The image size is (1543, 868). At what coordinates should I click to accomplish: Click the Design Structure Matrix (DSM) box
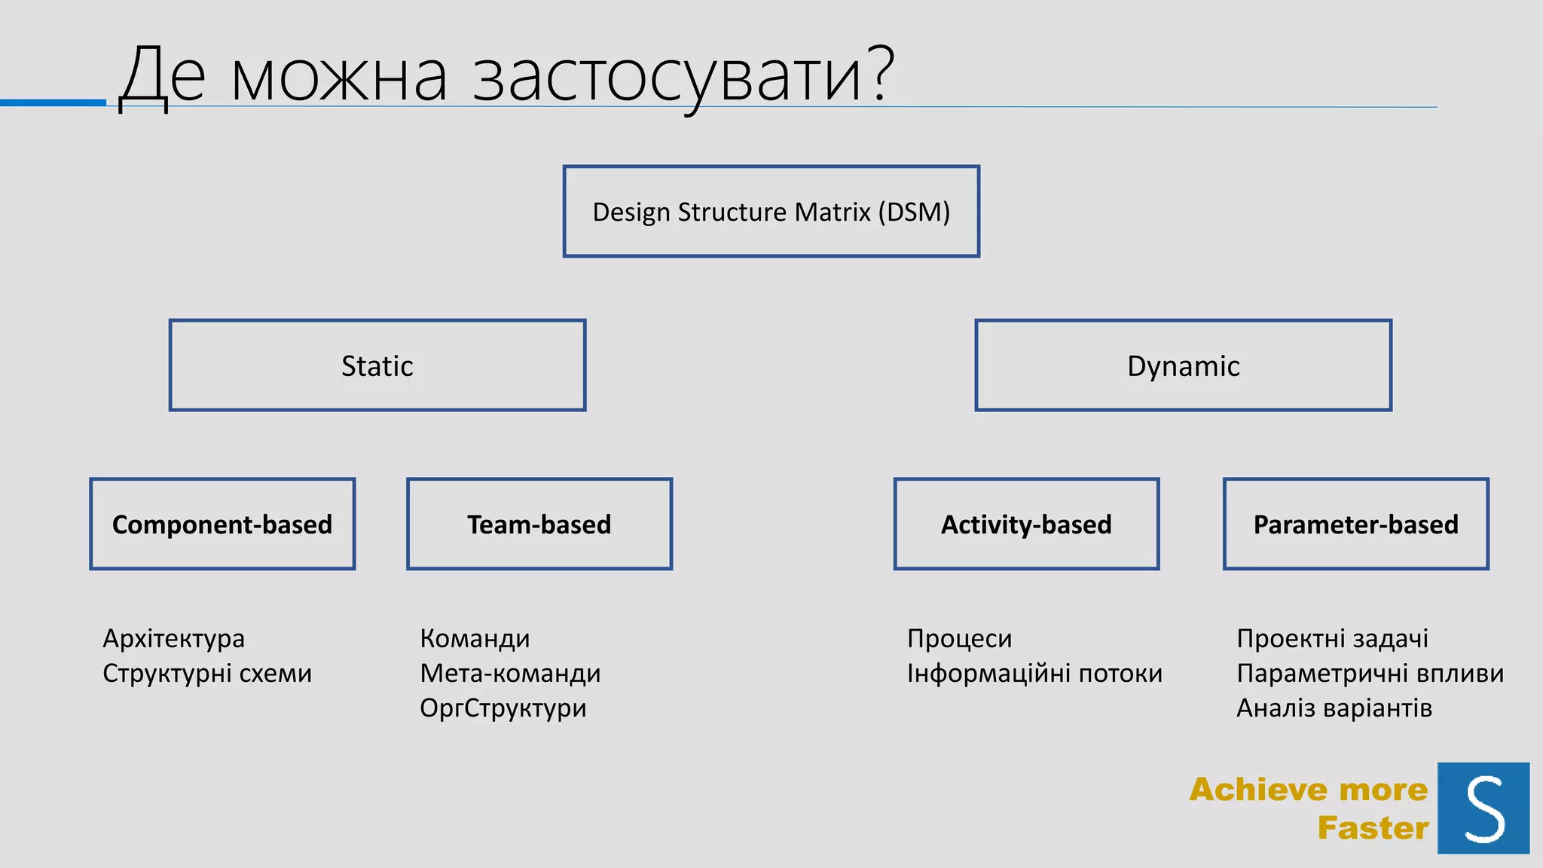pos(771,212)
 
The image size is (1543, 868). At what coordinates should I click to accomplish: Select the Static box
pos(377,365)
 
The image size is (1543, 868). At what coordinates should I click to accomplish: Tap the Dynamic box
pos(1183,365)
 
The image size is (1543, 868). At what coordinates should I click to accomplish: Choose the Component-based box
pos(222,524)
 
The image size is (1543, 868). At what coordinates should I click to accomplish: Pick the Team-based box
pos(539,524)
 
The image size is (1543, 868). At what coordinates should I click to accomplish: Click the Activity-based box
pos(1026,524)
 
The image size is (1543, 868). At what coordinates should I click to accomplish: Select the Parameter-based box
pos(1356,524)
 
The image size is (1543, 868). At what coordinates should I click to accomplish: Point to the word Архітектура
pos(173,639)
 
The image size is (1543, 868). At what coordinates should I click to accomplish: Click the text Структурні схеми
pos(207,674)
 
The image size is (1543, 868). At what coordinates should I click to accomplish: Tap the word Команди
pos(475,639)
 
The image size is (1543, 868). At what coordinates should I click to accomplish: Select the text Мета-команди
pos(510,674)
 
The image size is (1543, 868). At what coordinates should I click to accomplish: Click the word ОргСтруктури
pos(503,708)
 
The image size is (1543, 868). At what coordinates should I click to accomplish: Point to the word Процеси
pos(959,639)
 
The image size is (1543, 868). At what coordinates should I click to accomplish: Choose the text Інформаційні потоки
pos(1034,674)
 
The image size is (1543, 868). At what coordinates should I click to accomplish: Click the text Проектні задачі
pos(1332,639)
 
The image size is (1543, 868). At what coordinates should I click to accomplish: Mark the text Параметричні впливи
pos(1370,674)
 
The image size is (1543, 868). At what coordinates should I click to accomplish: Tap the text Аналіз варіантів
pos(1334,708)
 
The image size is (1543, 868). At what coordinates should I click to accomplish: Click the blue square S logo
pos(1483,808)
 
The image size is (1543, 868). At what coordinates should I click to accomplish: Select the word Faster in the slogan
pos(1373,828)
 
